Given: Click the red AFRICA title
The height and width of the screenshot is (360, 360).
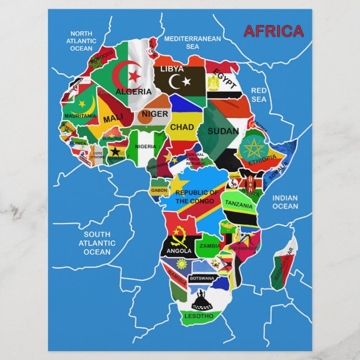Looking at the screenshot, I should click(273, 31).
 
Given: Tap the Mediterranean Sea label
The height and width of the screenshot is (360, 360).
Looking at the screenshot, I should click(192, 42).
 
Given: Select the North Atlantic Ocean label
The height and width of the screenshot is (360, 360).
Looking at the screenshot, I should click(81, 41).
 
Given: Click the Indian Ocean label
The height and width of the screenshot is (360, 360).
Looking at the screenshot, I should click(285, 202).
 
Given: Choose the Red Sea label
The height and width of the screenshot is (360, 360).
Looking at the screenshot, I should click(259, 94).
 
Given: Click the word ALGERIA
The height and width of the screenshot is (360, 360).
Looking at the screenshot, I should click(133, 91).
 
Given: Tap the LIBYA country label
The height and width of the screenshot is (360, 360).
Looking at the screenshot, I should click(172, 69).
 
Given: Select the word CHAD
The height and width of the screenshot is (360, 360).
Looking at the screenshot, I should click(182, 127).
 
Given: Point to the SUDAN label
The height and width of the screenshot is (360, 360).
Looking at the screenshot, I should click(223, 131).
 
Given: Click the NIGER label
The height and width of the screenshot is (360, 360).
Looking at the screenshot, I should click(154, 114).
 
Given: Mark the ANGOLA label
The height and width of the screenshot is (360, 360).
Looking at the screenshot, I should click(179, 250).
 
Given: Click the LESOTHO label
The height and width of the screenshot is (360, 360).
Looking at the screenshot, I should click(200, 316).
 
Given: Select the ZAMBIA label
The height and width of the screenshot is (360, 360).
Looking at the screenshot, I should click(210, 245).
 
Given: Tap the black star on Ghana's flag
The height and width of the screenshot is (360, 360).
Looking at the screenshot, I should click(116, 151).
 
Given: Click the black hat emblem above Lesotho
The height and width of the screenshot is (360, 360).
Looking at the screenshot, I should click(201, 302).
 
